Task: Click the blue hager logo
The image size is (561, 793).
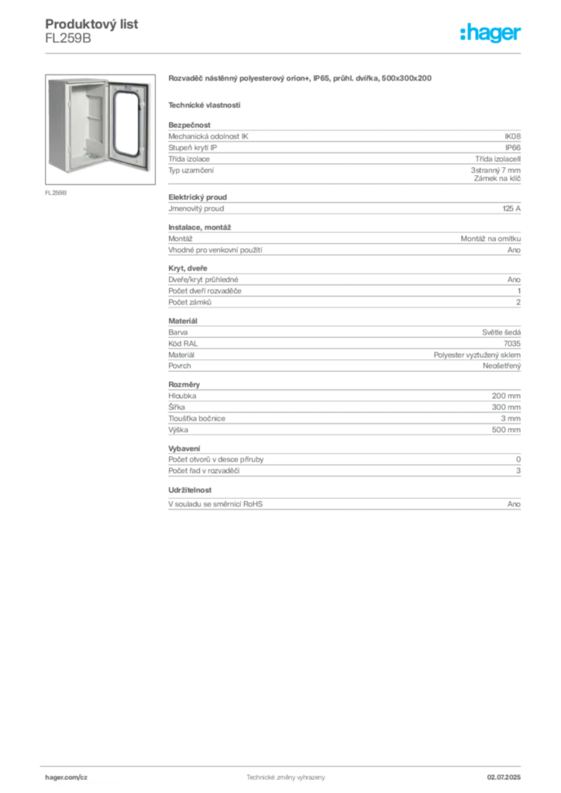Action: pos(491,34)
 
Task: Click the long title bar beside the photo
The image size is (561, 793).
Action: pos(300,80)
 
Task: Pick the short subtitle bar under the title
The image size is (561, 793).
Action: pos(205,105)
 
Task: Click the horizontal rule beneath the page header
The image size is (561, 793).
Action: pos(285,53)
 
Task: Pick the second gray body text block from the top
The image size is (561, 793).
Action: pos(344,206)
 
